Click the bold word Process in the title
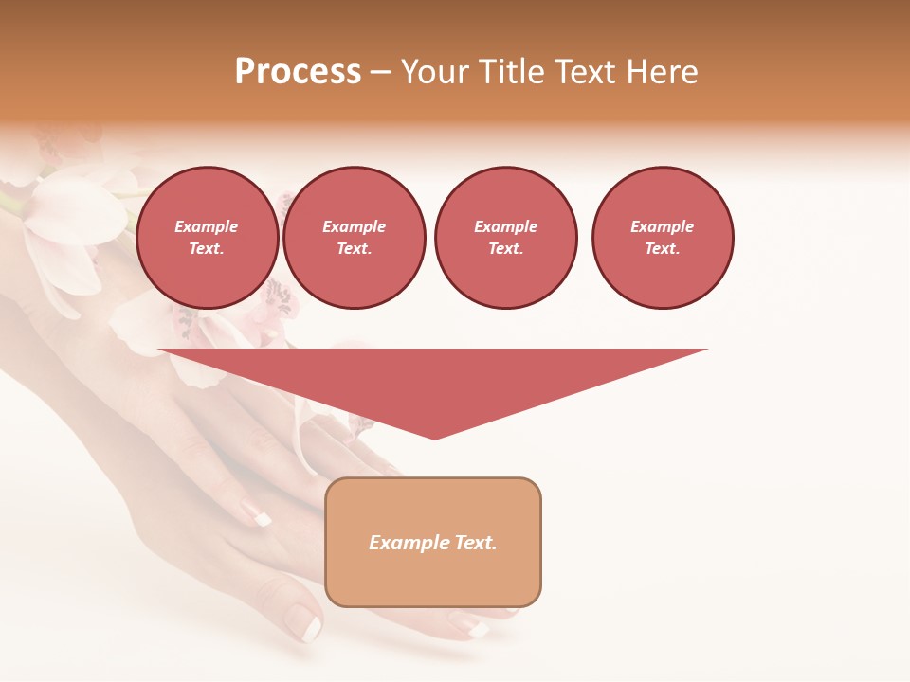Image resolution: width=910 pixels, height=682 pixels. tap(298, 72)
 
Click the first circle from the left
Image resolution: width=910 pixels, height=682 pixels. tap(207, 238)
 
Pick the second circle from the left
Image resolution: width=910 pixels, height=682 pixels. tap(355, 238)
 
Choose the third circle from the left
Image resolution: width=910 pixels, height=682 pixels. tap(505, 238)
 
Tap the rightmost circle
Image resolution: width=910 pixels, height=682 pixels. tap(663, 238)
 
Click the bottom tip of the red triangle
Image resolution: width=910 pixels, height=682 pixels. tap(434, 437)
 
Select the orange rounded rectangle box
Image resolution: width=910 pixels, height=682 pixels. tap(433, 542)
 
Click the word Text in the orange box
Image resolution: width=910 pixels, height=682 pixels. tap(475, 543)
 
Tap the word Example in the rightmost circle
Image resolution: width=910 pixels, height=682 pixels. tap(663, 226)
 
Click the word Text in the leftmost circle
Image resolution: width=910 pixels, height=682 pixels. tap(205, 249)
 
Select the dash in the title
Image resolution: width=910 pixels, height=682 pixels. tap(380, 72)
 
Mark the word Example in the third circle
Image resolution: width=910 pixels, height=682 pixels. tap(505, 226)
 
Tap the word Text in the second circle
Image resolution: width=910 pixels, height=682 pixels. tap(353, 249)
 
